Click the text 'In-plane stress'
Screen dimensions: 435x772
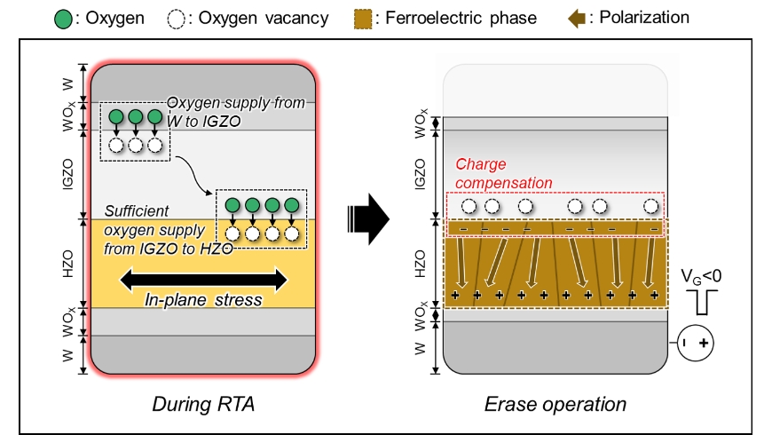[x=203, y=300]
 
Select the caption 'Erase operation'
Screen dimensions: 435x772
[x=555, y=405]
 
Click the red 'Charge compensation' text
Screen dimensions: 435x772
[x=503, y=173]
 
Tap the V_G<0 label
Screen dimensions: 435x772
[x=699, y=275]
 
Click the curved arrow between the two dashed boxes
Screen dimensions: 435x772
[x=193, y=173]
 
